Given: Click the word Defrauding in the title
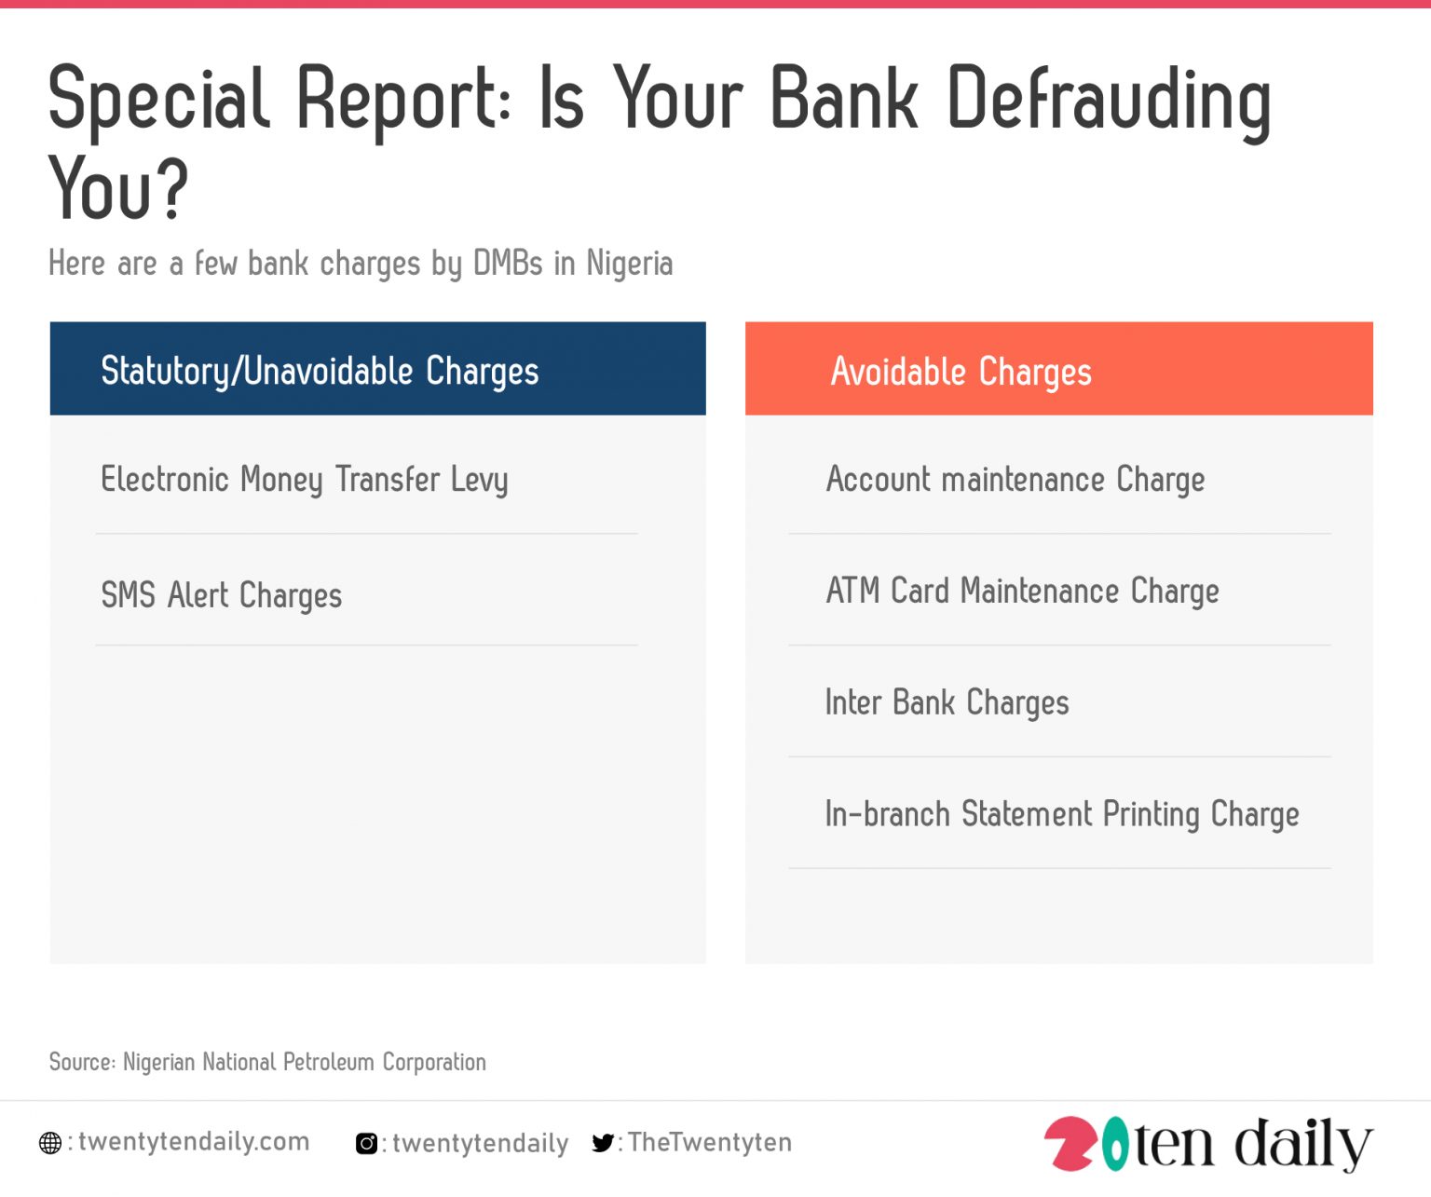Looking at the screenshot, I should pyautogui.click(x=1109, y=101).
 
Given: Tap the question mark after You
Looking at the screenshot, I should pyautogui.click(x=170, y=189).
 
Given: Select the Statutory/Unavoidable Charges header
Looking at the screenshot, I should pyautogui.click(x=320, y=371).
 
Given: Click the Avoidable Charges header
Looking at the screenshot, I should pyautogui.click(x=961, y=371).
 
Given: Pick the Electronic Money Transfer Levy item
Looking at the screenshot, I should pyautogui.click(x=304, y=480).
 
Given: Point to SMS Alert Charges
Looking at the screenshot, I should pyautogui.click(x=221, y=595).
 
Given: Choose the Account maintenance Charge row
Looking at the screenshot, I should pyautogui.click(x=1015, y=480).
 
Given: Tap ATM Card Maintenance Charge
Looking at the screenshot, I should pyautogui.click(x=1022, y=592).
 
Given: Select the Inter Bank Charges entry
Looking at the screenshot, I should pyautogui.click(x=947, y=703).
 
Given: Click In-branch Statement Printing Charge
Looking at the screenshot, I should pyautogui.click(x=1061, y=814).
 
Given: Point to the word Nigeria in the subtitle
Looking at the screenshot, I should pyautogui.click(x=629, y=264).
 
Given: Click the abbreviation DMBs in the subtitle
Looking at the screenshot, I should pyautogui.click(x=508, y=264).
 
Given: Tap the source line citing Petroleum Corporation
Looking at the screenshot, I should pyautogui.click(x=267, y=1062).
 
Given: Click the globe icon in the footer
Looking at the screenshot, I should pyautogui.click(x=50, y=1143).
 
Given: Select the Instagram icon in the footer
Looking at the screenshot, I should pyautogui.click(x=367, y=1143).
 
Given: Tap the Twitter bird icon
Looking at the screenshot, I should pyautogui.click(x=603, y=1143).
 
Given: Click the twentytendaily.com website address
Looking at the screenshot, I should pyautogui.click(x=194, y=1142).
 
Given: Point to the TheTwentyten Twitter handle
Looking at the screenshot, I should pyautogui.click(x=709, y=1142).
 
